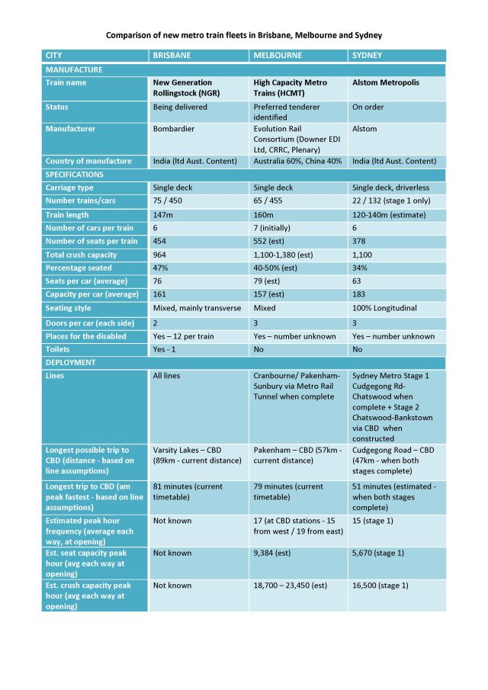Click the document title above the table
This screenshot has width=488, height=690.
(x=244, y=36)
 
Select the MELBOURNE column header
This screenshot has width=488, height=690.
(x=278, y=56)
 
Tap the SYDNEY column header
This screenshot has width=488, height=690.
(x=367, y=56)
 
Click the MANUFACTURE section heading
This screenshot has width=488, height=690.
(x=75, y=69)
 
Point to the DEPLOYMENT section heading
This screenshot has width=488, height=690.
(x=71, y=363)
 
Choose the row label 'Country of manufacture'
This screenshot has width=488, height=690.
(x=88, y=161)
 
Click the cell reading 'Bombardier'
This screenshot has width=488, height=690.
(x=174, y=129)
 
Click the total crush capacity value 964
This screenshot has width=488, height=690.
(x=161, y=255)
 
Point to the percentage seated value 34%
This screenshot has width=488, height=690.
(x=360, y=268)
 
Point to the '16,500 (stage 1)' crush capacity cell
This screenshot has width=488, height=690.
(x=380, y=586)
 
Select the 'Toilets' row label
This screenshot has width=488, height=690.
(x=59, y=349)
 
